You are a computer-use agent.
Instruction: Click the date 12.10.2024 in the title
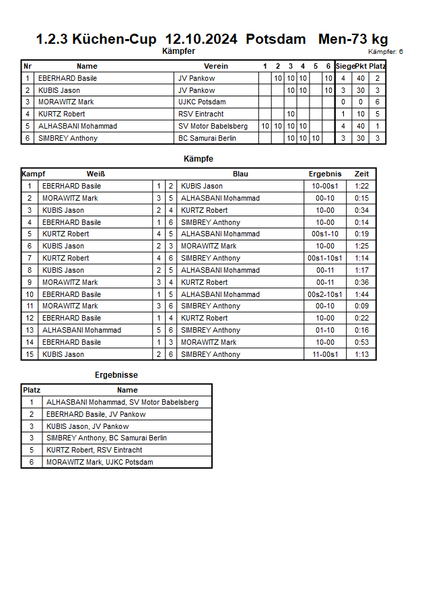[x=201, y=40]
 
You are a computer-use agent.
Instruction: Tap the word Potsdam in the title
[x=276, y=40]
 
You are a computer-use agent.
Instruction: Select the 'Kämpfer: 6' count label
[x=386, y=51]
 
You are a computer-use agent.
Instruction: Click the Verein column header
[x=216, y=66]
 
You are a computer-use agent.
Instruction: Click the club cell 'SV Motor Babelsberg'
[x=213, y=126]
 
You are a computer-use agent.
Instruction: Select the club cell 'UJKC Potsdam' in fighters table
[x=202, y=102]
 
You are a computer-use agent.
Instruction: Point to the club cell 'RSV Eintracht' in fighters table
[x=201, y=114]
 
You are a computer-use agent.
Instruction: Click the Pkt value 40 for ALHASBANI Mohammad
[x=361, y=126]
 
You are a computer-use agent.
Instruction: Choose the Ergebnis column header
[x=324, y=174]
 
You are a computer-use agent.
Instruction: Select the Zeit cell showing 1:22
[x=361, y=186]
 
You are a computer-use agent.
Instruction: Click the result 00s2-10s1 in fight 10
[x=325, y=294]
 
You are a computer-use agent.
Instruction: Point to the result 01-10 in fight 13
[x=325, y=330]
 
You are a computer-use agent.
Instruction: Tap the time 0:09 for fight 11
[x=361, y=306]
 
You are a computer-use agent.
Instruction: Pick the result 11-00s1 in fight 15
[x=325, y=354]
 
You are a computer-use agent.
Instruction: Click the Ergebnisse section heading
[x=116, y=374]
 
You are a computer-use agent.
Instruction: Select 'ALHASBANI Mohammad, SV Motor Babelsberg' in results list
[x=122, y=402]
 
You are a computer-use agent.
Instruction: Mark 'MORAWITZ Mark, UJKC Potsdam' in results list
[x=100, y=462]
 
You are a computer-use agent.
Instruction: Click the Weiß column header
[x=96, y=174]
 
